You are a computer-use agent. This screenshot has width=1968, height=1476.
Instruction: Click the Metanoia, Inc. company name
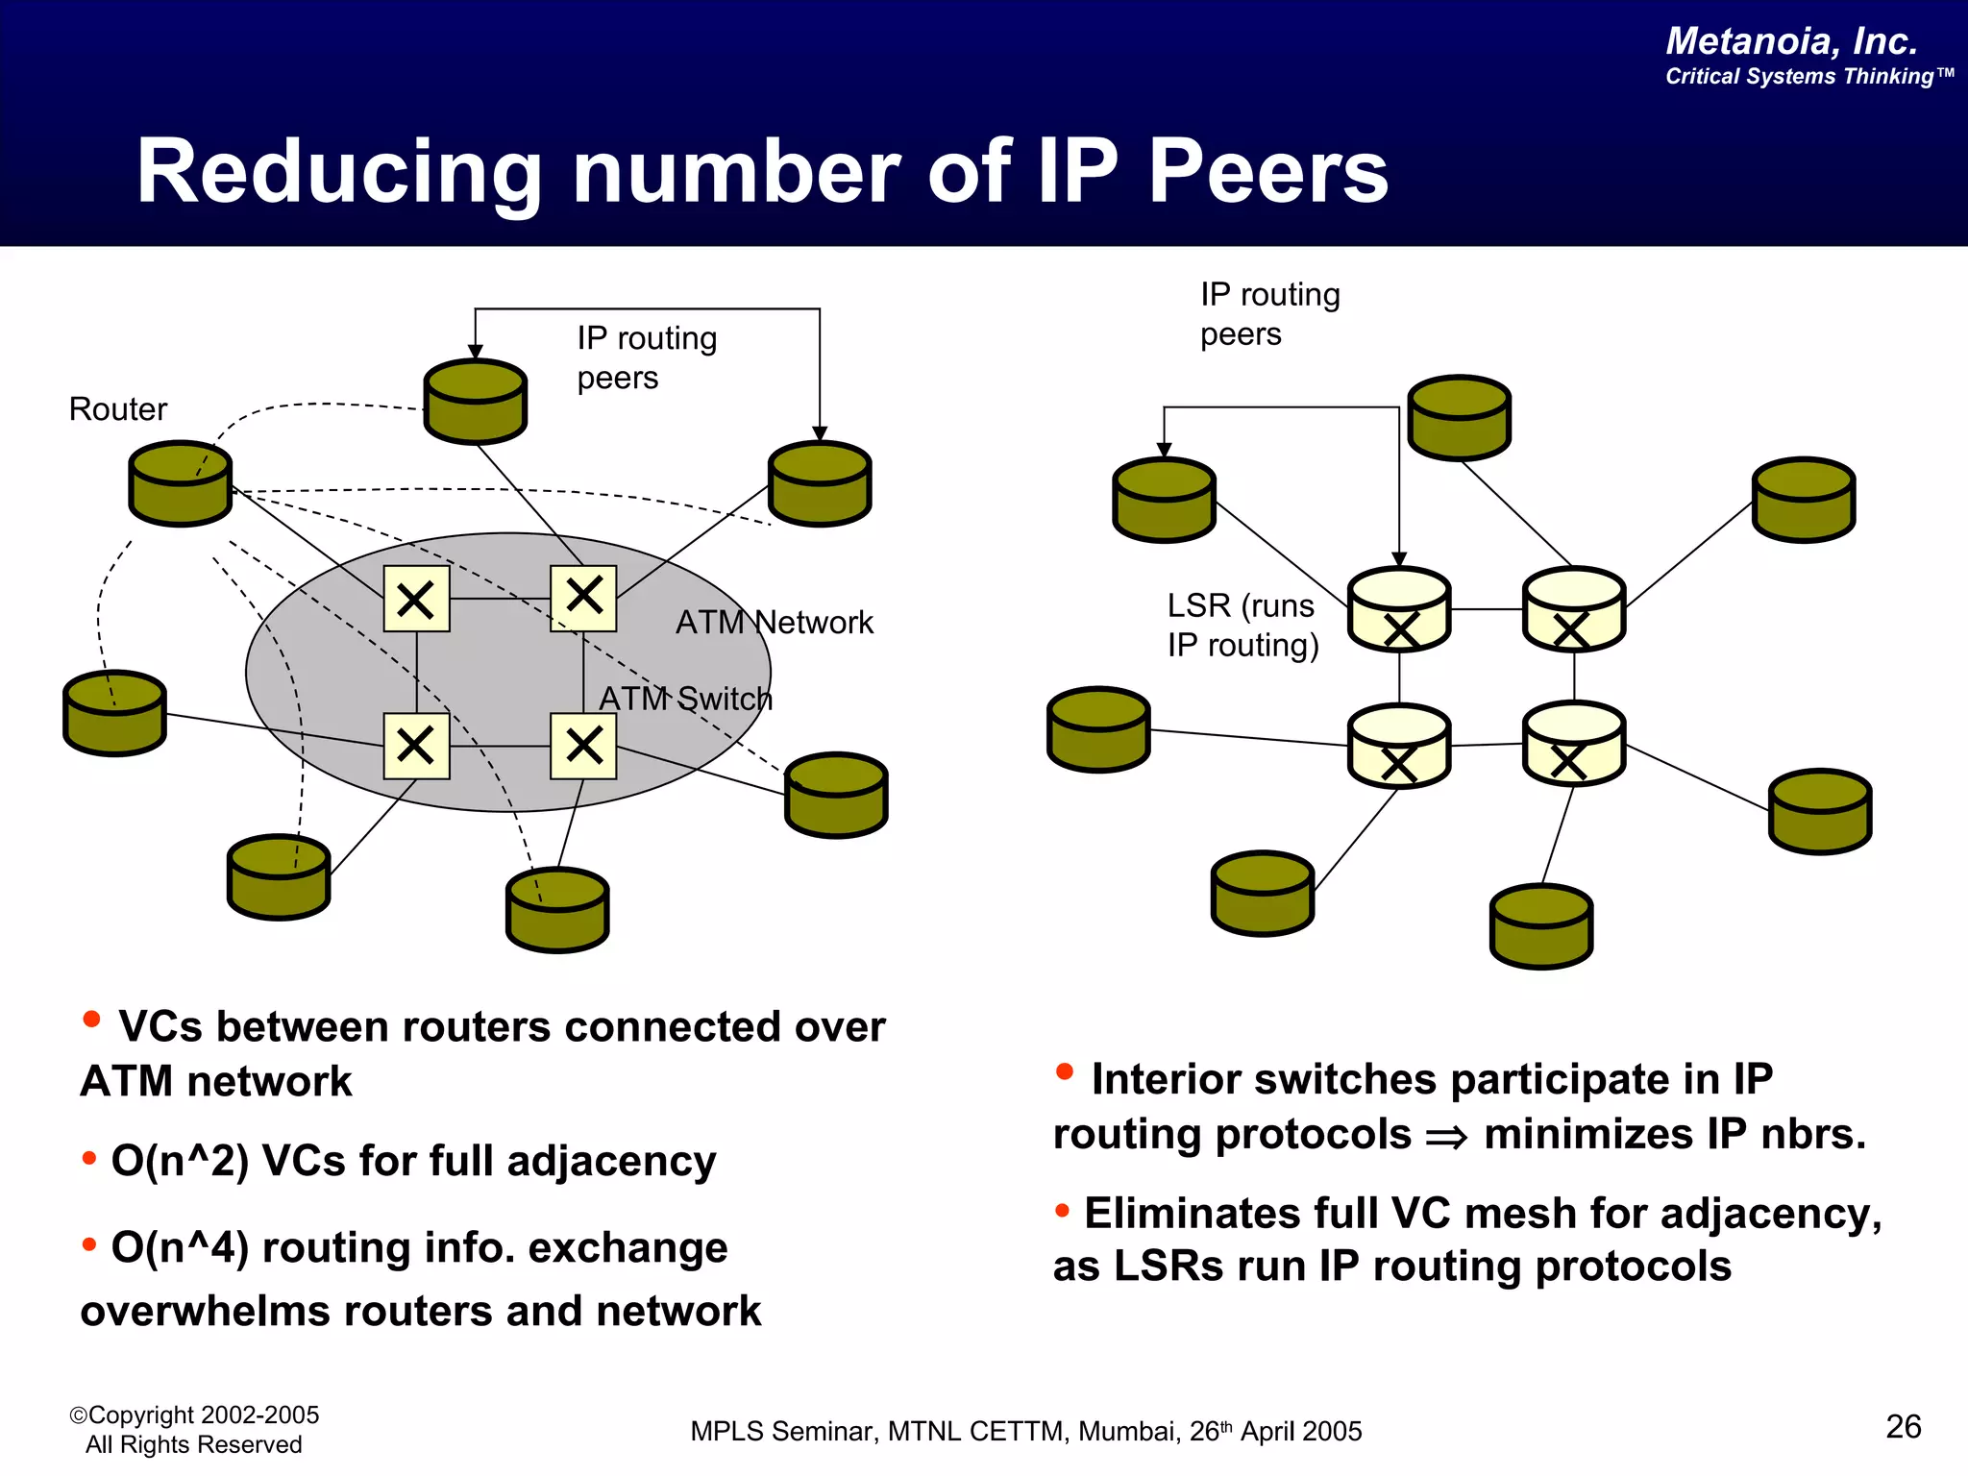(x=1791, y=41)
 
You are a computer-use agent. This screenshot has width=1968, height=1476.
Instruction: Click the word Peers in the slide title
(x=1268, y=173)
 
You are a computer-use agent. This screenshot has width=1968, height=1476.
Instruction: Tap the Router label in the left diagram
(x=117, y=409)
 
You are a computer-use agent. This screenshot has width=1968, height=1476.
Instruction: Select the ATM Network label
(x=775, y=623)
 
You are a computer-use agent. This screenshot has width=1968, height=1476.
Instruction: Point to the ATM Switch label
(x=685, y=699)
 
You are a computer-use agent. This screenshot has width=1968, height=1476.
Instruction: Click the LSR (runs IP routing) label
(x=1242, y=626)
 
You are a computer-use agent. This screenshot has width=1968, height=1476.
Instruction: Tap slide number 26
(x=1903, y=1427)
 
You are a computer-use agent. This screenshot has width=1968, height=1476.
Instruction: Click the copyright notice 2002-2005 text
(x=194, y=1415)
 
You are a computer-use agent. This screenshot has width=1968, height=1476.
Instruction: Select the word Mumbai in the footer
(x=1129, y=1432)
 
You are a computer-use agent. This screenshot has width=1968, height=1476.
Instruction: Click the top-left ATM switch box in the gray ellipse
(x=416, y=599)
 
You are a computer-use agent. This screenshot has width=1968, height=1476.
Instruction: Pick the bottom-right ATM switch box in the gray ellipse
(x=583, y=746)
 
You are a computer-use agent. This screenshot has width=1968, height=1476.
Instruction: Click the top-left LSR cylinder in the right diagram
(x=1399, y=609)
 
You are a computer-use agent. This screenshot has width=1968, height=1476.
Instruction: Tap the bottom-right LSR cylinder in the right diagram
(x=1573, y=743)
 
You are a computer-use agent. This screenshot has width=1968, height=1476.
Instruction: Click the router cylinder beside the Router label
(x=181, y=483)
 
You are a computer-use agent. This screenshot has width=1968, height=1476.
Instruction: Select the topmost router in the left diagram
(x=476, y=402)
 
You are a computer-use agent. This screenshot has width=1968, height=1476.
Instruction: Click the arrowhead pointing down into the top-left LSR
(x=1399, y=559)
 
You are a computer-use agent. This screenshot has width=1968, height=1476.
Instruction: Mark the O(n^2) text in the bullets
(x=180, y=1161)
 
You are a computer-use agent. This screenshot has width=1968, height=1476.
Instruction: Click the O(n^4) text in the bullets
(x=180, y=1248)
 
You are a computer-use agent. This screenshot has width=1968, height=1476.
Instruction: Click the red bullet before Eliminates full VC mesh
(x=1062, y=1211)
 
